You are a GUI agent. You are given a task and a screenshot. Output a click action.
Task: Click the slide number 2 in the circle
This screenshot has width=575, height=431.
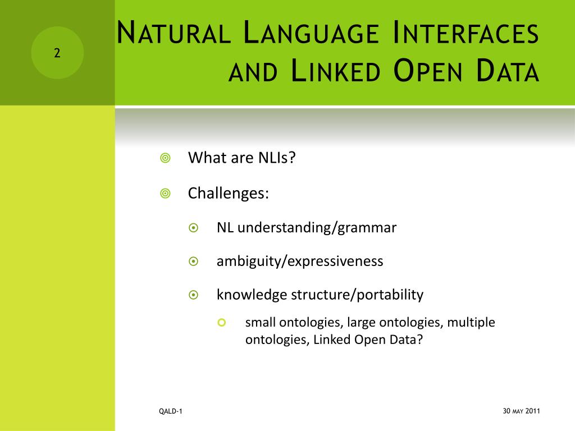coord(57,53)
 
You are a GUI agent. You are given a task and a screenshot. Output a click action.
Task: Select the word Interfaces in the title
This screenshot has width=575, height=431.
coord(466,33)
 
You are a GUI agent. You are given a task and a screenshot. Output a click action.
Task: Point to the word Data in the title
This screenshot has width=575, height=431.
coord(508,70)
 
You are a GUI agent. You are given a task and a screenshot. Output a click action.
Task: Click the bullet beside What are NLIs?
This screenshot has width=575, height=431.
coord(166,158)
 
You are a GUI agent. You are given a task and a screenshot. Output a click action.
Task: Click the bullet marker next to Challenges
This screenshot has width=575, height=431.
coord(166,193)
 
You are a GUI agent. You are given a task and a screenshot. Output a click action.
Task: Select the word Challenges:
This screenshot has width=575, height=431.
coord(229,193)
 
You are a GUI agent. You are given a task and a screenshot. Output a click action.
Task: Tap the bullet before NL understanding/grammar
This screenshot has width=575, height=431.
coord(194,228)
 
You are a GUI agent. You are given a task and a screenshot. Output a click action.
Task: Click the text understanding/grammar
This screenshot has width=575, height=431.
coord(317,228)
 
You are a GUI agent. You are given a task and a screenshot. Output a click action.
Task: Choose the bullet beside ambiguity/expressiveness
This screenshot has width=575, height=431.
coord(194,262)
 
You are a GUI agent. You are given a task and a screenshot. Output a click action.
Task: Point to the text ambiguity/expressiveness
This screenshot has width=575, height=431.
coord(300,262)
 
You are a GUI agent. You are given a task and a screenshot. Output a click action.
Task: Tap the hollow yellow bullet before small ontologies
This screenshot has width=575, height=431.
coord(221,323)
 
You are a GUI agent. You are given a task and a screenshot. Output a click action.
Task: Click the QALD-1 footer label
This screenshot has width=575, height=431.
coord(171,411)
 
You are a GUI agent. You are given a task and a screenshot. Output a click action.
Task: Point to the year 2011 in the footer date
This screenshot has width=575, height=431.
coord(532,411)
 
